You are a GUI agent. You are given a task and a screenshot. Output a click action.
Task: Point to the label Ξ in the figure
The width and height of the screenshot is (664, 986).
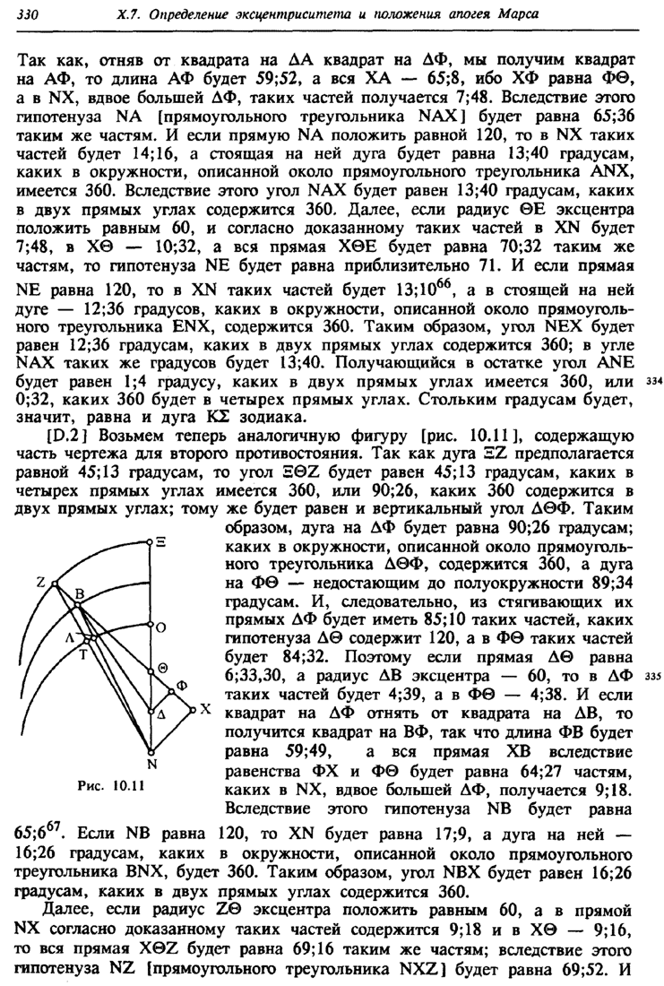(162, 541)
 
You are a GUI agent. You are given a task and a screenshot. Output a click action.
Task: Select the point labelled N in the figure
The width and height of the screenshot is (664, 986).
(151, 764)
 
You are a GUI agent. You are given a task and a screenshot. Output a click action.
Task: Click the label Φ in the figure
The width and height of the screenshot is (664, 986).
(184, 685)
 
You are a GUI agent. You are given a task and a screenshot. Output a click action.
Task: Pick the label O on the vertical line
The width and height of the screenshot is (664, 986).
(162, 630)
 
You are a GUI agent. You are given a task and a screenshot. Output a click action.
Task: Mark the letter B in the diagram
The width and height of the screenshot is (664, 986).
(79, 594)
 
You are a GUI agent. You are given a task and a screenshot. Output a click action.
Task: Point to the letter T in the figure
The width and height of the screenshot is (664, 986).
(83, 654)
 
